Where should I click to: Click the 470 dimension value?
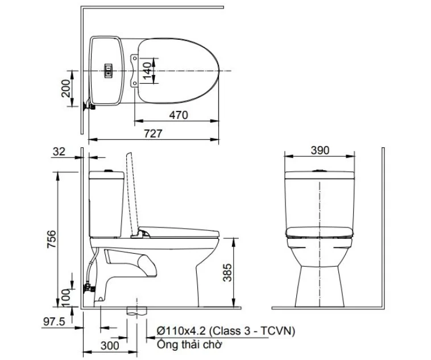click(178, 115)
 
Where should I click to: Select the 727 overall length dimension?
click(154, 133)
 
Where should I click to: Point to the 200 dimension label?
click(66, 88)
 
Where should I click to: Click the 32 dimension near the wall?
click(59, 151)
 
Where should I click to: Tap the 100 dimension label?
click(66, 296)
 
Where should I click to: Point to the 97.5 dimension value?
click(54, 322)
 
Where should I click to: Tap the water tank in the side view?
click(106, 205)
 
